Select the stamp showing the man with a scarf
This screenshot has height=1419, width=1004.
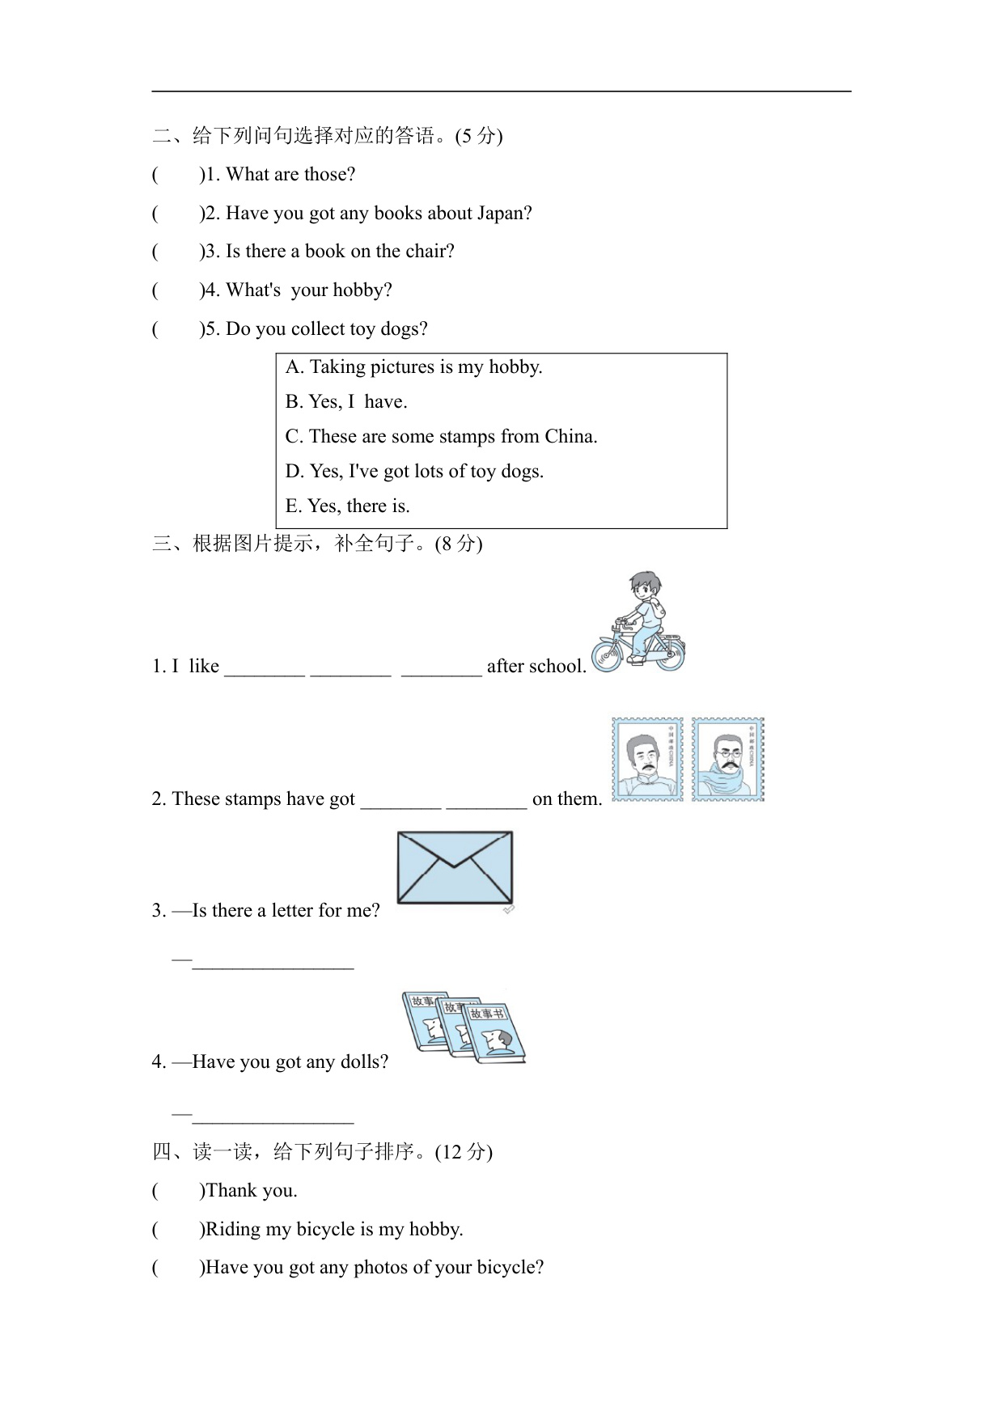tap(727, 760)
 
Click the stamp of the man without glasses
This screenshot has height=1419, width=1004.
tap(647, 760)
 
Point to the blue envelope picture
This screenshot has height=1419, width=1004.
tap(455, 867)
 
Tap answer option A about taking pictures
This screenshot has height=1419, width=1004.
tap(413, 367)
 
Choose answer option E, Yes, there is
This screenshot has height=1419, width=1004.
tap(348, 506)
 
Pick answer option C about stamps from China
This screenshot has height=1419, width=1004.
tap(441, 437)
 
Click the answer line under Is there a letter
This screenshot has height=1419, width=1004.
tap(273, 963)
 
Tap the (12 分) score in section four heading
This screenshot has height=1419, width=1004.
tap(464, 1152)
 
